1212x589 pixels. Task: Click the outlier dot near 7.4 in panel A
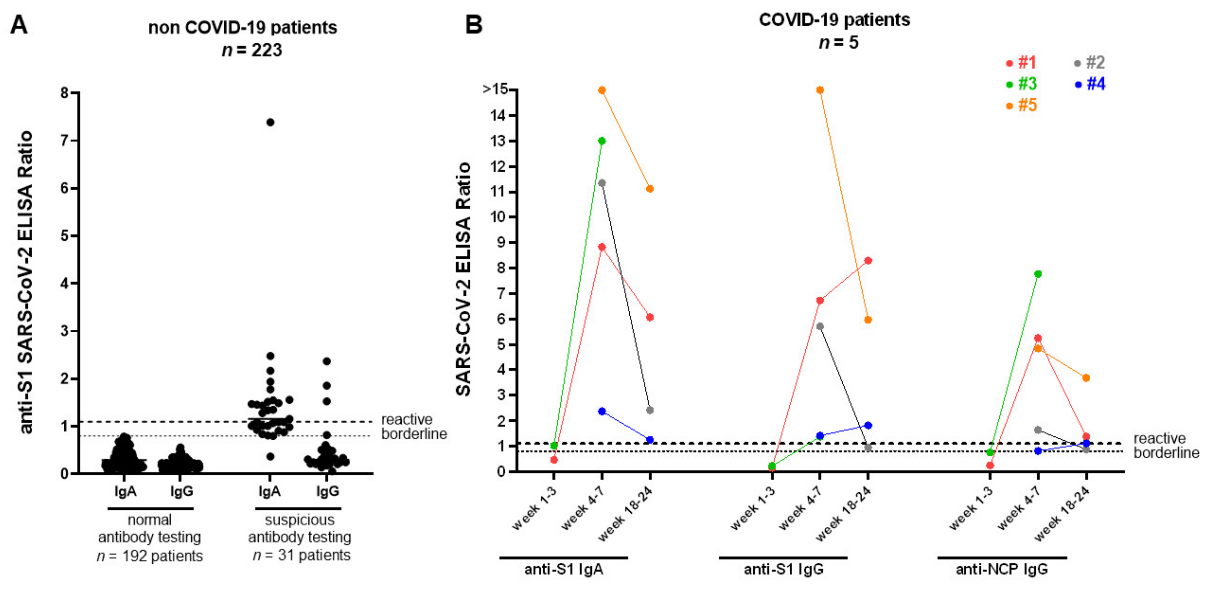pyautogui.click(x=270, y=122)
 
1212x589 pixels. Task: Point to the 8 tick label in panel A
pyautogui.click(x=64, y=93)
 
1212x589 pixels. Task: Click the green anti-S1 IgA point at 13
pyautogui.click(x=602, y=141)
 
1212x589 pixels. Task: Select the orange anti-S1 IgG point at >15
pyautogui.click(x=820, y=90)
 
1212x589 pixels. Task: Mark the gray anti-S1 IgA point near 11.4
pyautogui.click(x=602, y=183)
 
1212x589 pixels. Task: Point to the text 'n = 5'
pyautogui.click(x=839, y=43)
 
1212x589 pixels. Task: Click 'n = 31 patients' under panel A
pyautogui.click(x=302, y=556)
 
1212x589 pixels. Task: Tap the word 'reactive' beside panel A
pyautogui.click(x=407, y=420)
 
